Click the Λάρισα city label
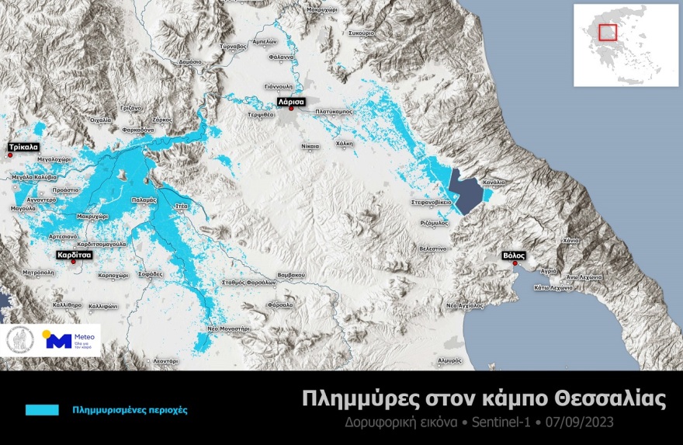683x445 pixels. [291, 102]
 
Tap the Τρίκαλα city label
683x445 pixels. [23, 147]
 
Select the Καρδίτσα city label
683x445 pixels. [74, 254]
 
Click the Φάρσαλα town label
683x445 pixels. [279, 305]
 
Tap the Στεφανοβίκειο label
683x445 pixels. [432, 202]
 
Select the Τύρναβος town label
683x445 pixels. [234, 47]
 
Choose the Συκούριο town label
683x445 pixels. [362, 33]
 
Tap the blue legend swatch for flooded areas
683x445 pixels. [42, 409]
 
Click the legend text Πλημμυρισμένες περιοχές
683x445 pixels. [130, 409]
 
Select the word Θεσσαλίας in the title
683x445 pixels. [608, 399]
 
